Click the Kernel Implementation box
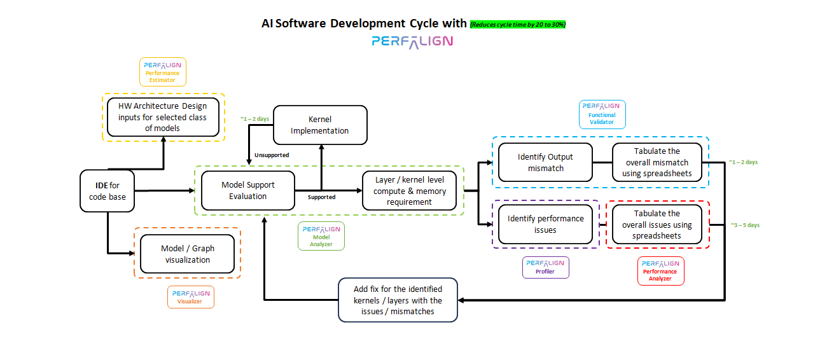320,125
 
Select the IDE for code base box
108,191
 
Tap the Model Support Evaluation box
248,190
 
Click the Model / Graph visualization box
188,254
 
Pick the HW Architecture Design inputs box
164,116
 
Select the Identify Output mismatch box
545,162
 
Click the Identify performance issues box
545,224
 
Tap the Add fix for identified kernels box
398,300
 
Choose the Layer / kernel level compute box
410,191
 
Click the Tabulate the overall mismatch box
657,162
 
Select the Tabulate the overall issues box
657,224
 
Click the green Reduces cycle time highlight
518,24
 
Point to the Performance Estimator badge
162,72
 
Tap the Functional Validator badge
602,114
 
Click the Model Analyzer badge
321,236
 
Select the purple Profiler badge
545,267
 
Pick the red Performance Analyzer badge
660,271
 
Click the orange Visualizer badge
190,297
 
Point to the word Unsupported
272,155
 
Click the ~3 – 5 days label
744,225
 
